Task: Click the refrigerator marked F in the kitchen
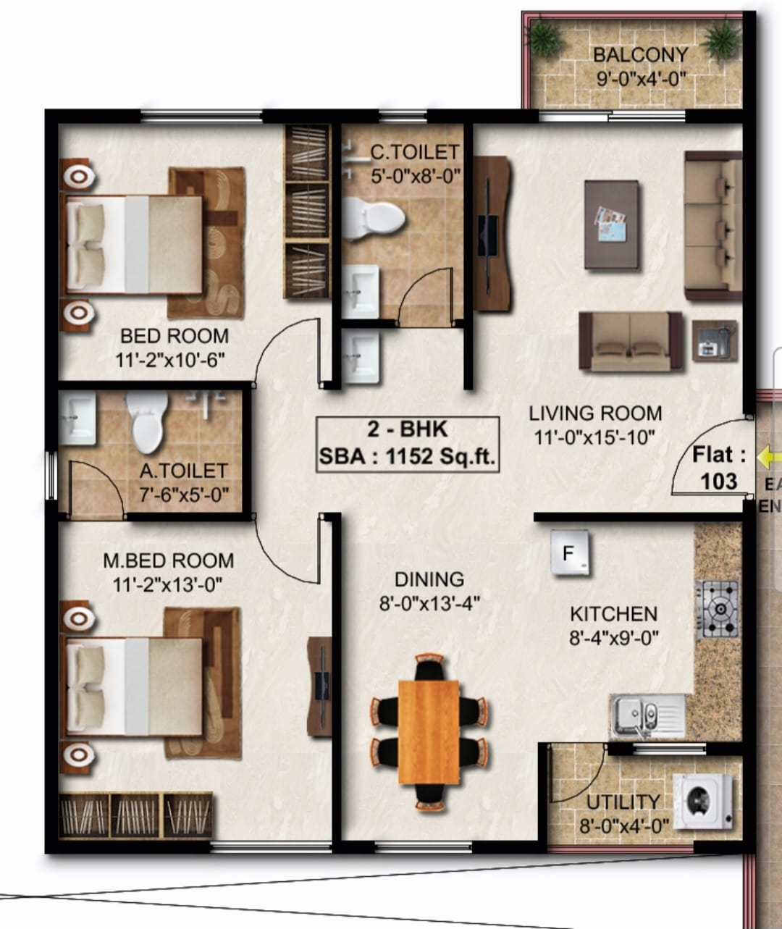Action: pos(569,553)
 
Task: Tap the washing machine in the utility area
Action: pos(703,802)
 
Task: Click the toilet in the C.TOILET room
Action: pos(373,219)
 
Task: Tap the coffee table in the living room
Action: pos(612,224)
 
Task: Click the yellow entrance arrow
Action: pos(769,458)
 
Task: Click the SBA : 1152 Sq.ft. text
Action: pos(407,456)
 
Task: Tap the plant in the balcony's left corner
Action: pos(544,37)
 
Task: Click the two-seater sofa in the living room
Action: pos(631,341)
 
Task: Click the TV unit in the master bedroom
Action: pos(319,686)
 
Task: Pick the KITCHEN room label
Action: pos(614,614)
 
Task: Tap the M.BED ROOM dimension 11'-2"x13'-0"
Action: pos(167,584)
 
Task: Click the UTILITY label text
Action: pos(623,802)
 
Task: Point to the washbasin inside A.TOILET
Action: pos(77,419)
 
